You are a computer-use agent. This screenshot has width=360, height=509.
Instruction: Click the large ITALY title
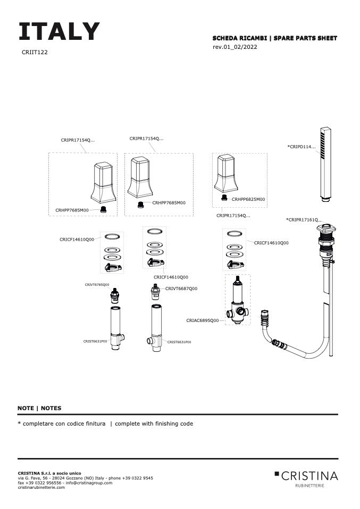click(x=59, y=31)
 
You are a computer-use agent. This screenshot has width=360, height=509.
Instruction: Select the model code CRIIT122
click(x=35, y=52)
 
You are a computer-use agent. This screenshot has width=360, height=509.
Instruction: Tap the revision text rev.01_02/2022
click(x=235, y=47)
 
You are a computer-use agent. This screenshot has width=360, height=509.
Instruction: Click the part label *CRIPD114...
click(x=301, y=147)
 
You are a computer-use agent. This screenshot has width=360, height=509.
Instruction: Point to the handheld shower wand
click(x=325, y=164)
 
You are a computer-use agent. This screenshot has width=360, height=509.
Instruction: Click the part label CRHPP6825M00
click(x=248, y=199)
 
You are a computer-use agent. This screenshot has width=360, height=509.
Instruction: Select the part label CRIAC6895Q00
click(x=203, y=320)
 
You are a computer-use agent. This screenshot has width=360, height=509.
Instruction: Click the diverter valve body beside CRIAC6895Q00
click(x=238, y=300)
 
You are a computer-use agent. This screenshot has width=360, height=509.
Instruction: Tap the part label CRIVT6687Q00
click(x=181, y=289)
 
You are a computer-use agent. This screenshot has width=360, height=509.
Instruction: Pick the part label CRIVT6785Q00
click(x=97, y=285)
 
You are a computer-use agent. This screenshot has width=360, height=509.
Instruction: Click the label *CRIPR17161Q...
click(x=304, y=220)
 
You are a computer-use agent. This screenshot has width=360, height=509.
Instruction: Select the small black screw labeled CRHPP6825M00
click(x=224, y=197)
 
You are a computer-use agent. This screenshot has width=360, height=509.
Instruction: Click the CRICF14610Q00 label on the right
click(x=271, y=243)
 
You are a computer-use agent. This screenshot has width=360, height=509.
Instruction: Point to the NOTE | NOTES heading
click(x=39, y=408)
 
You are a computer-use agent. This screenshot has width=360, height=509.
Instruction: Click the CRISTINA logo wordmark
click(x=309, y=476)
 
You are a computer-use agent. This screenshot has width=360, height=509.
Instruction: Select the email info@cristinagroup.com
click(x=89, y=483)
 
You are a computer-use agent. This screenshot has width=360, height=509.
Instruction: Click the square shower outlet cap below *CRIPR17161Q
click(x=326, y=228)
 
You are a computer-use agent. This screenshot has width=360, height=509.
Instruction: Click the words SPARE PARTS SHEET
click(x=305, y=38)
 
